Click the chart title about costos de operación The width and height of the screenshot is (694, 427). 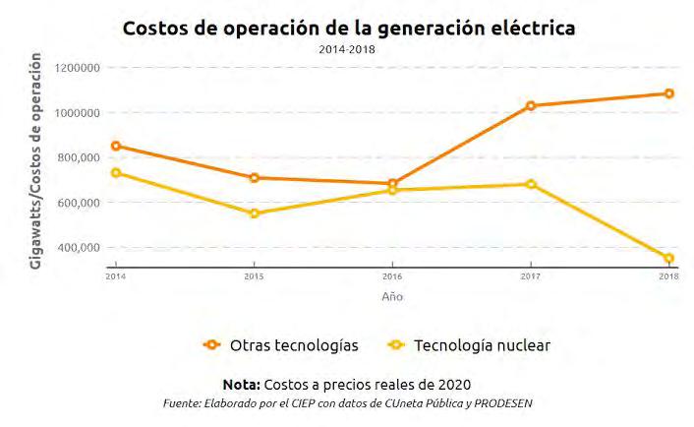348,29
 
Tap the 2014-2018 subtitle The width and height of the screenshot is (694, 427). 347,48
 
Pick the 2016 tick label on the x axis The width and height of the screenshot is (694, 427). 391,276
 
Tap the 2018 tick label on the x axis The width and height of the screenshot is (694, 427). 667,276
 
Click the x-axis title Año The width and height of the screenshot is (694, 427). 391,296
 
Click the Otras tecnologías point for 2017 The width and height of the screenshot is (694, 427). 531,105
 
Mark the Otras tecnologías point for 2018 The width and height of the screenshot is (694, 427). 668,93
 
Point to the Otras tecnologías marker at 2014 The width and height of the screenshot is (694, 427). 116,146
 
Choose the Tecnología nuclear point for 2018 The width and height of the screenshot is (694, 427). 668,259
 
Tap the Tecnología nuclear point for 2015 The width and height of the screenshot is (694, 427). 254,213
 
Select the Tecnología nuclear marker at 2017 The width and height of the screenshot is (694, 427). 531,184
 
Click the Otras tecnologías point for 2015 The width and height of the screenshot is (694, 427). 254,178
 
